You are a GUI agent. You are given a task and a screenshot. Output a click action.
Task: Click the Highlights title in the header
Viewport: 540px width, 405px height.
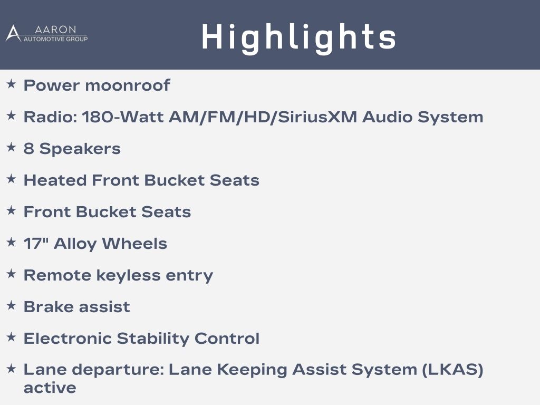pos(298,37)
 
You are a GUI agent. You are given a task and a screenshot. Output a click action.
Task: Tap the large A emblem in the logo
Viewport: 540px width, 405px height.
pos(13,33)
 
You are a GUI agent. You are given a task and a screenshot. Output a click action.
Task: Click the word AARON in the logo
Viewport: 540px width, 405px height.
pos(55,30)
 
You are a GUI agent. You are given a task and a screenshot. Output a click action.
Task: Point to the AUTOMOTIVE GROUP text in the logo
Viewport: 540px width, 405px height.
pos(55,39)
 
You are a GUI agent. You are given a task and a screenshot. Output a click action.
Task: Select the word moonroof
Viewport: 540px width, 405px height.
pos(128,85)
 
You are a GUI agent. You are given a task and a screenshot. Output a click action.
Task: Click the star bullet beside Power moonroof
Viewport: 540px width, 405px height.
pos(12,84)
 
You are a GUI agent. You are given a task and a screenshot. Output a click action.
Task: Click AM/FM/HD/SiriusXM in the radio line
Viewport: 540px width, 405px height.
pos(263,117)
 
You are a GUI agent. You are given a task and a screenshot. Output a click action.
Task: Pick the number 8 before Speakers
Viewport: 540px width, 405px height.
pos(28,148)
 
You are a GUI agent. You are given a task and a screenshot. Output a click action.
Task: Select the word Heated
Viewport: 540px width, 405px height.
pos(55,180)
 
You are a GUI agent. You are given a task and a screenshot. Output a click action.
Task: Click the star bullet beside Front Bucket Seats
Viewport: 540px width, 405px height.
pos(12,210)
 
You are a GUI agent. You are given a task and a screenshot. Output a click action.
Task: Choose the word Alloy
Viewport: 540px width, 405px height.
pos(75,244)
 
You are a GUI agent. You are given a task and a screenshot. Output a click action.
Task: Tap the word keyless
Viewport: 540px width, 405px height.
pos(129,275)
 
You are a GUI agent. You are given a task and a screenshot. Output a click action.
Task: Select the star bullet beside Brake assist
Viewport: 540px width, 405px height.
pos(12,305)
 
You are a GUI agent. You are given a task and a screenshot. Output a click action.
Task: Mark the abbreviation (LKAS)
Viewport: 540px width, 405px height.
pos(452,370)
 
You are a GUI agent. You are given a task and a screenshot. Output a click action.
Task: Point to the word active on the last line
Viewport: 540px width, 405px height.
pos(50,388)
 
